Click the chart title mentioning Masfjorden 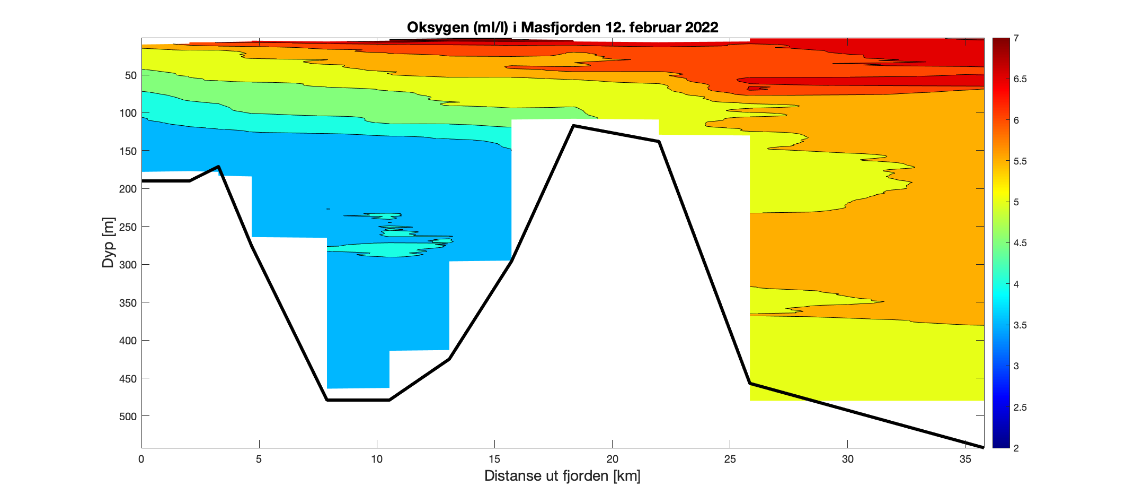coord(562,28)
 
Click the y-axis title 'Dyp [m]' coord(109,242)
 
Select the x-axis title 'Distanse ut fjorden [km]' coord(562,476)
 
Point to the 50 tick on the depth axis coord(131,75)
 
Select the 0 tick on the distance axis coord(141,459)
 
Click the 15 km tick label coord(494,459)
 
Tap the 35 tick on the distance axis coord(965,459)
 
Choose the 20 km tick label coord(612,459)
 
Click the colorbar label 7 coord(1016,38)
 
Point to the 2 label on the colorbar coord(1016,448)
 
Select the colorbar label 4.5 coord(1020,243)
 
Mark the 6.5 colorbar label coord(1020,79)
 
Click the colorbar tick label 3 coord(1016,366)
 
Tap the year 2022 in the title coord(702,28)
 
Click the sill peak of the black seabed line coord(574,126)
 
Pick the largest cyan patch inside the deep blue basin coord(382,249)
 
